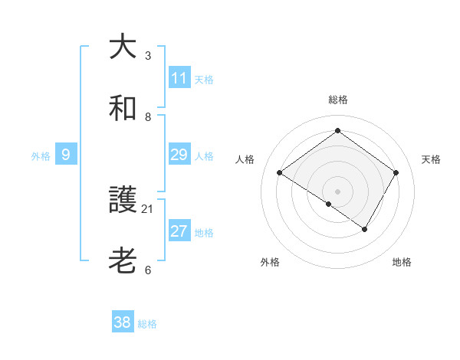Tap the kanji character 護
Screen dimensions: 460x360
click(123, 200)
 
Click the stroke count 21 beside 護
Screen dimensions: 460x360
click(148, 208)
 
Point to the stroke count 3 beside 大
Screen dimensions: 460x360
click(148, 55)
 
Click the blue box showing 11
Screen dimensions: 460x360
click(179, 78)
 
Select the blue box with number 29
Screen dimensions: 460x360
click(179, 155)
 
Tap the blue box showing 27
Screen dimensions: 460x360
click(179, 231)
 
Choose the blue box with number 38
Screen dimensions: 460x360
click(123, 322)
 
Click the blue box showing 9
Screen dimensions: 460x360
click(66, 155)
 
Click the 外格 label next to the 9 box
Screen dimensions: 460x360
click(41, 155)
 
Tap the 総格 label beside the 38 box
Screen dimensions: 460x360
click(147, 323)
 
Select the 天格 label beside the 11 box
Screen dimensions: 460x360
click(204, 79)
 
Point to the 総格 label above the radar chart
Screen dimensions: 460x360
click(337, 100)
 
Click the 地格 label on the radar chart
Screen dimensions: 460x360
click(402, 262)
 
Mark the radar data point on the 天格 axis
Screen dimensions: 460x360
click(396, 172)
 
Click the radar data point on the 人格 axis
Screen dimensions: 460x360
click(279, 172)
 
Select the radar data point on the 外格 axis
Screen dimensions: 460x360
click(329, 204)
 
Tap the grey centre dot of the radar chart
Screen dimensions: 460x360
click(337, 191)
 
